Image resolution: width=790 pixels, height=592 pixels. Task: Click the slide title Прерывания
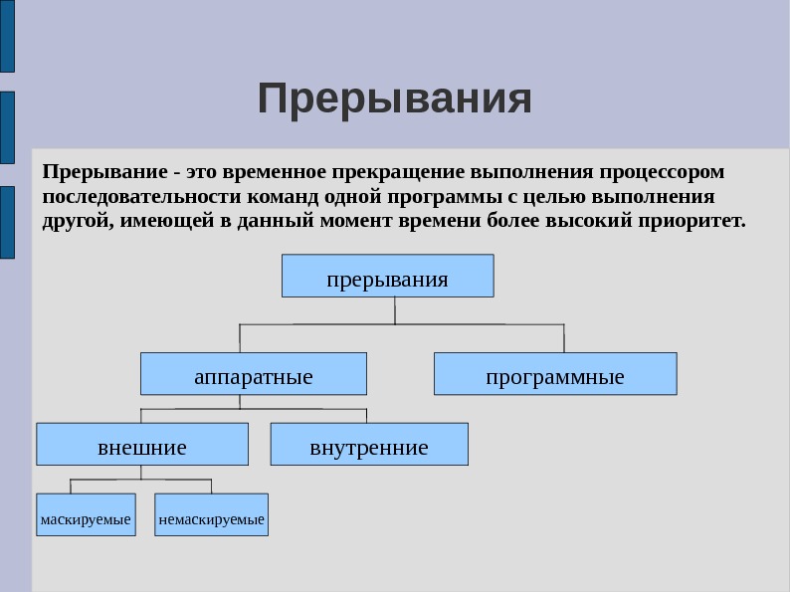(395, 99)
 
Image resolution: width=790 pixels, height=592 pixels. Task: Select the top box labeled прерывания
(387, 277)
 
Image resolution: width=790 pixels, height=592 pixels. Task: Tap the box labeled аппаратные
(253, 375)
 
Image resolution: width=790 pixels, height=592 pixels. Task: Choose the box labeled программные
(555, 375)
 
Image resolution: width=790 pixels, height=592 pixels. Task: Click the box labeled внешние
(142, 445)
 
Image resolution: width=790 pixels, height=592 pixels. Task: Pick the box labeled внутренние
(369, 445)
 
